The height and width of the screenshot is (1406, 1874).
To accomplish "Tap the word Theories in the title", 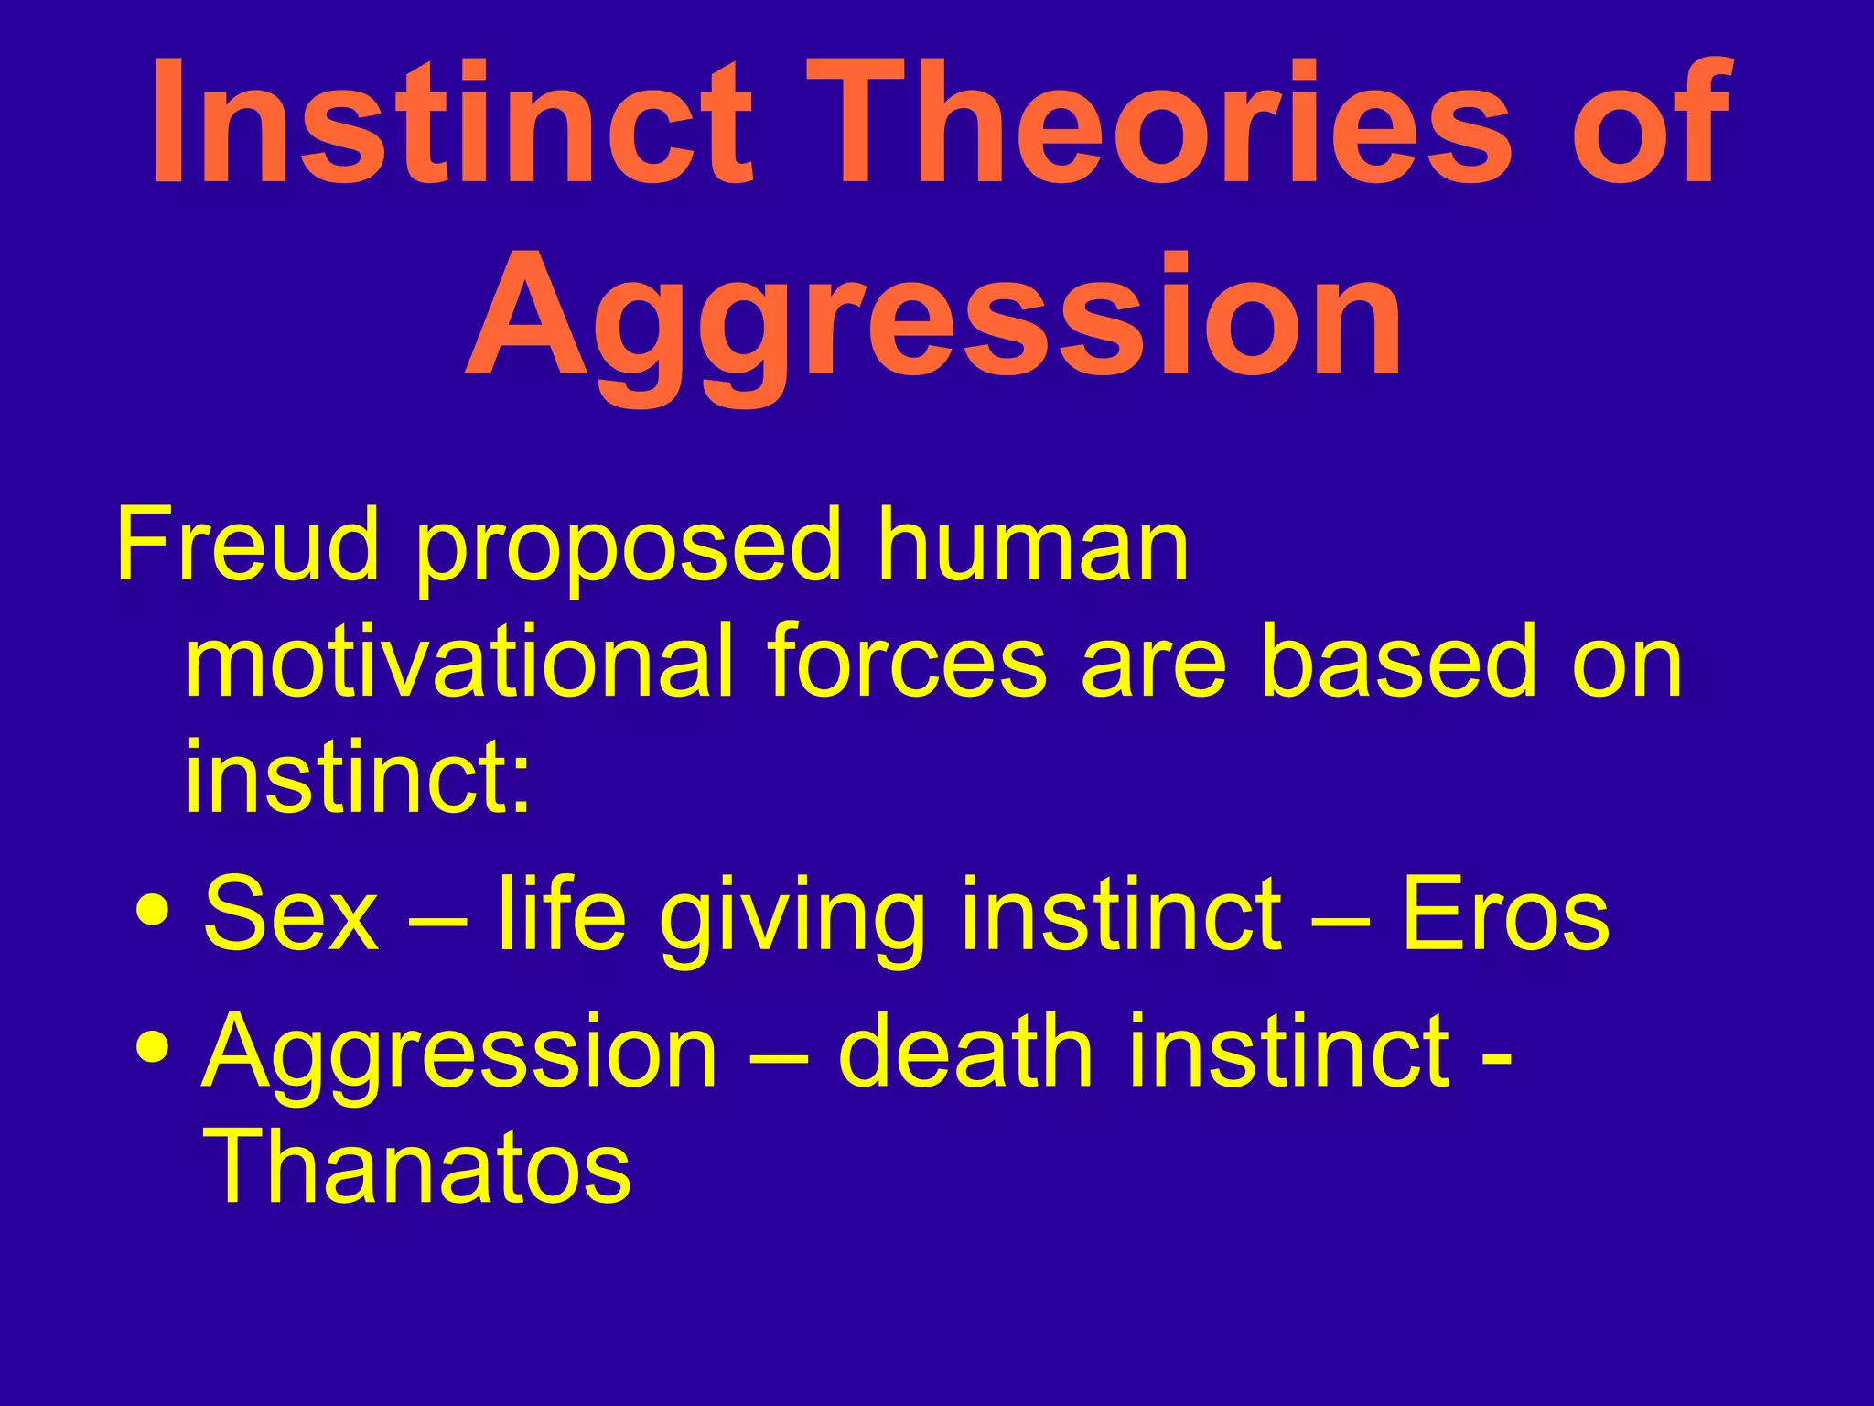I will [1158, 124].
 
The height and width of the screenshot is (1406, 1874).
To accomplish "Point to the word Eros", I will [1506, 914].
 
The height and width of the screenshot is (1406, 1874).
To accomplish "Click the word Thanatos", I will [417, 1166].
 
